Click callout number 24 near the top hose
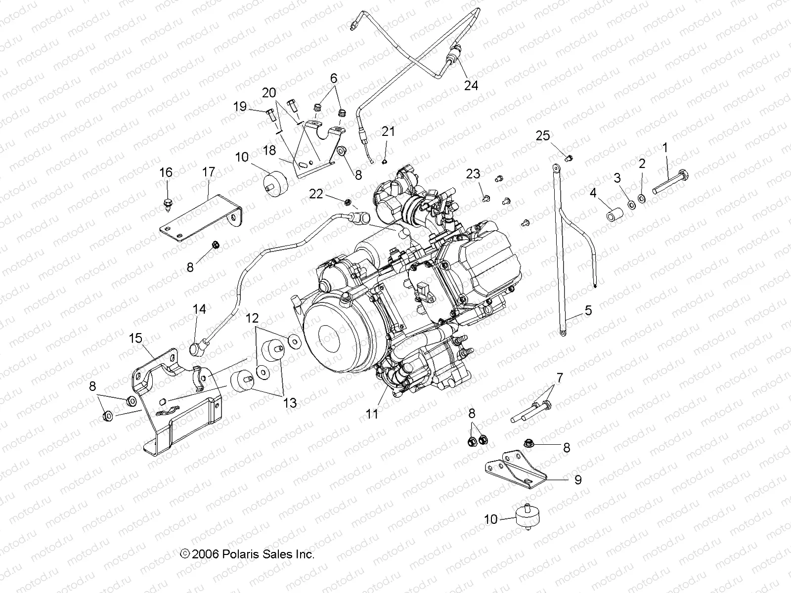471,85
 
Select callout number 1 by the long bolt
665,147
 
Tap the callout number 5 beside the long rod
588,311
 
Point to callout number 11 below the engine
372,414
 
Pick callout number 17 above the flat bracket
209,172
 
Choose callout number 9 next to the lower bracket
577,479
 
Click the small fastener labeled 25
569,158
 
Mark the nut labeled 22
348,201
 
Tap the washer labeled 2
641,199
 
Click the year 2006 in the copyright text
205,554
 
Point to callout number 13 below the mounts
290,403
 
